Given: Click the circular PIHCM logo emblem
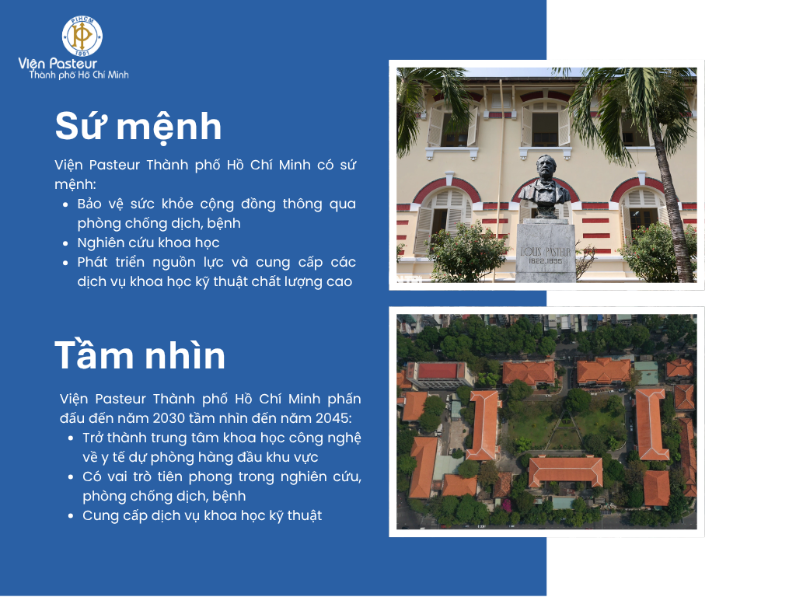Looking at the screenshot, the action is (82, 36).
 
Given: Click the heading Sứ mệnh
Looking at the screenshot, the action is (138, 127).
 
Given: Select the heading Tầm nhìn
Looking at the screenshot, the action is (140, 355).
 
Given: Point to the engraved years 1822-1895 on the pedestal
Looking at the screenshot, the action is (545, 261).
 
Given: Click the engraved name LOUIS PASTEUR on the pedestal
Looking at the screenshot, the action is (546, 251).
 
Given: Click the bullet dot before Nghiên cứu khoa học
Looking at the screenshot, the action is (65, 243).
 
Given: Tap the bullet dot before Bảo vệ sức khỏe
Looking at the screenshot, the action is (65, 204).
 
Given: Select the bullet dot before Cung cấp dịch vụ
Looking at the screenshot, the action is (71, 516).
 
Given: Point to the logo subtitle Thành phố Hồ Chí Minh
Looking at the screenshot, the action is (79, 75).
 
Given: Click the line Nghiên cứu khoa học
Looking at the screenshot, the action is (148, 243).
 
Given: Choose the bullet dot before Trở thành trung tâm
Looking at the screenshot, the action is (71, 438).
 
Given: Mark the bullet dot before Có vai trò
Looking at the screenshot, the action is (71, 477).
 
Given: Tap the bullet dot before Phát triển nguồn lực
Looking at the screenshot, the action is (65, 263).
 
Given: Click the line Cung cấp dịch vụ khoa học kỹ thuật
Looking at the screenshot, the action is (202, 516).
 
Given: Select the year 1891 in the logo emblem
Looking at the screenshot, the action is (82, 52).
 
